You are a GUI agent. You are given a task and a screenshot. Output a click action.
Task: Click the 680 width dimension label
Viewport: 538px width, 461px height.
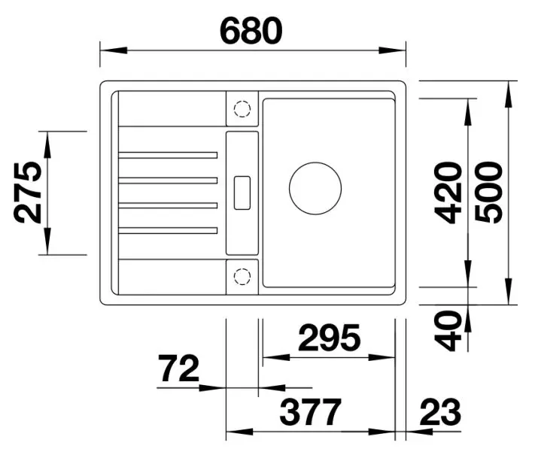pos(251,32)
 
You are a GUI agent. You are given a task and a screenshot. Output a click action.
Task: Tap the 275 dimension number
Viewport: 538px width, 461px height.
pos(28,193)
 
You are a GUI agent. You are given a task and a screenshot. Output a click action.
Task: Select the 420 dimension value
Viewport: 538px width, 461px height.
pos(448,193)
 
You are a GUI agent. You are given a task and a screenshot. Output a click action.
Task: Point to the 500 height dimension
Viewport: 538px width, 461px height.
pos(488,193)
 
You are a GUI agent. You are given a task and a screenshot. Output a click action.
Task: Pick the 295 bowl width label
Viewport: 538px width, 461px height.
pos(330,338)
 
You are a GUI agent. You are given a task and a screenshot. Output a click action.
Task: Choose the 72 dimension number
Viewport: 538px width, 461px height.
pos(178,368)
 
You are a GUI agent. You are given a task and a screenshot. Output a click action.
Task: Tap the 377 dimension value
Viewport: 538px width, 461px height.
pos(311,411)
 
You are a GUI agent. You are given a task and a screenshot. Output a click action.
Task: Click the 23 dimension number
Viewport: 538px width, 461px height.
pos(440,411)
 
